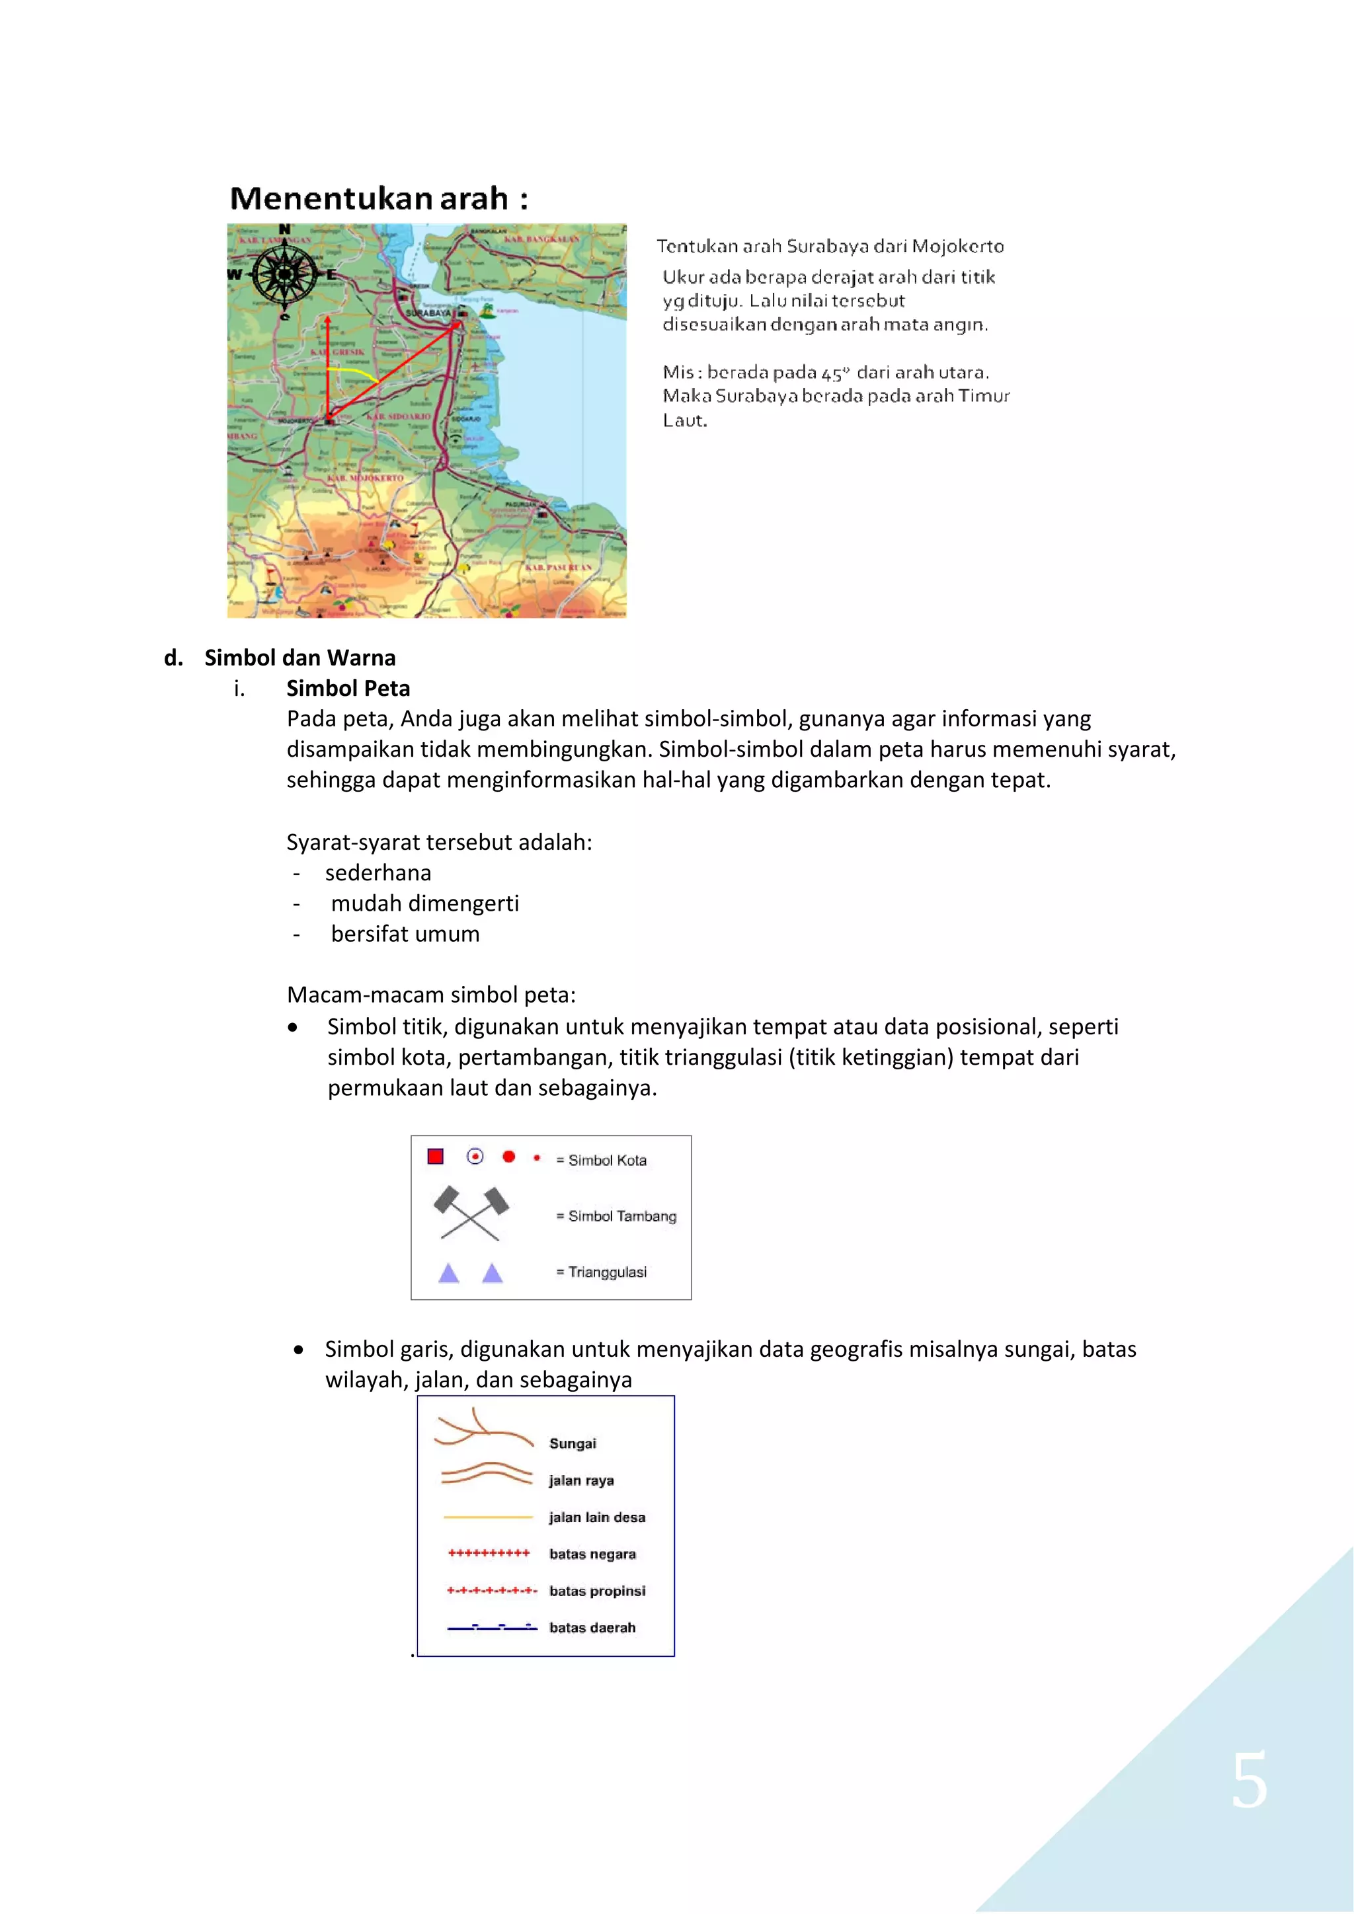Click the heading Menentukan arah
(x=379, y=199)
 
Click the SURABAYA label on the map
(x=428, y=313)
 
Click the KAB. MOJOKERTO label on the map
(x=365, y=478)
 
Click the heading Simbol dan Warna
(x=299, y=658)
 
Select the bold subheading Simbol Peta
(x=348, y=689)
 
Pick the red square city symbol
(x=435, y=1156)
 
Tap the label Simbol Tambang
(x=621, y=1216)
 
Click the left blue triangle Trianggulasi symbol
(x=448, y=1273)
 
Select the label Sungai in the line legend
(x=573, y=1443)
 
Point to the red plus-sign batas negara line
(x=489, y=1553)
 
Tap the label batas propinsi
(x=597, y=1591)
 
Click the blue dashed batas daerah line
(x=492, y=1627)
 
